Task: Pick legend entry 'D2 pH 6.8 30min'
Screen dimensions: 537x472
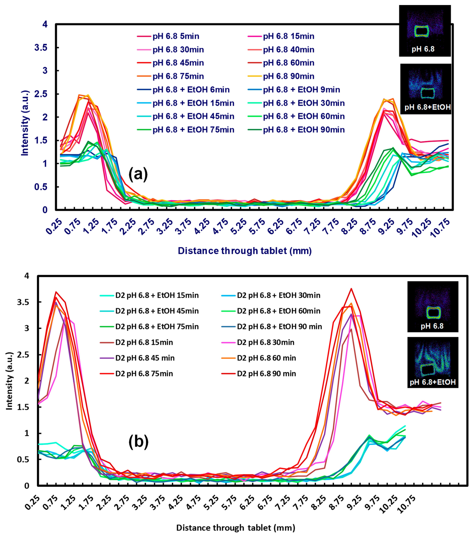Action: click(x=265, y=342)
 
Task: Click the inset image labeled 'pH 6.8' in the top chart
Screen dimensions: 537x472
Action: click(x=424, y=31)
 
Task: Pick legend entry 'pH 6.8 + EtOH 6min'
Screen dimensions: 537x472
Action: click(x=191, y=90)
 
